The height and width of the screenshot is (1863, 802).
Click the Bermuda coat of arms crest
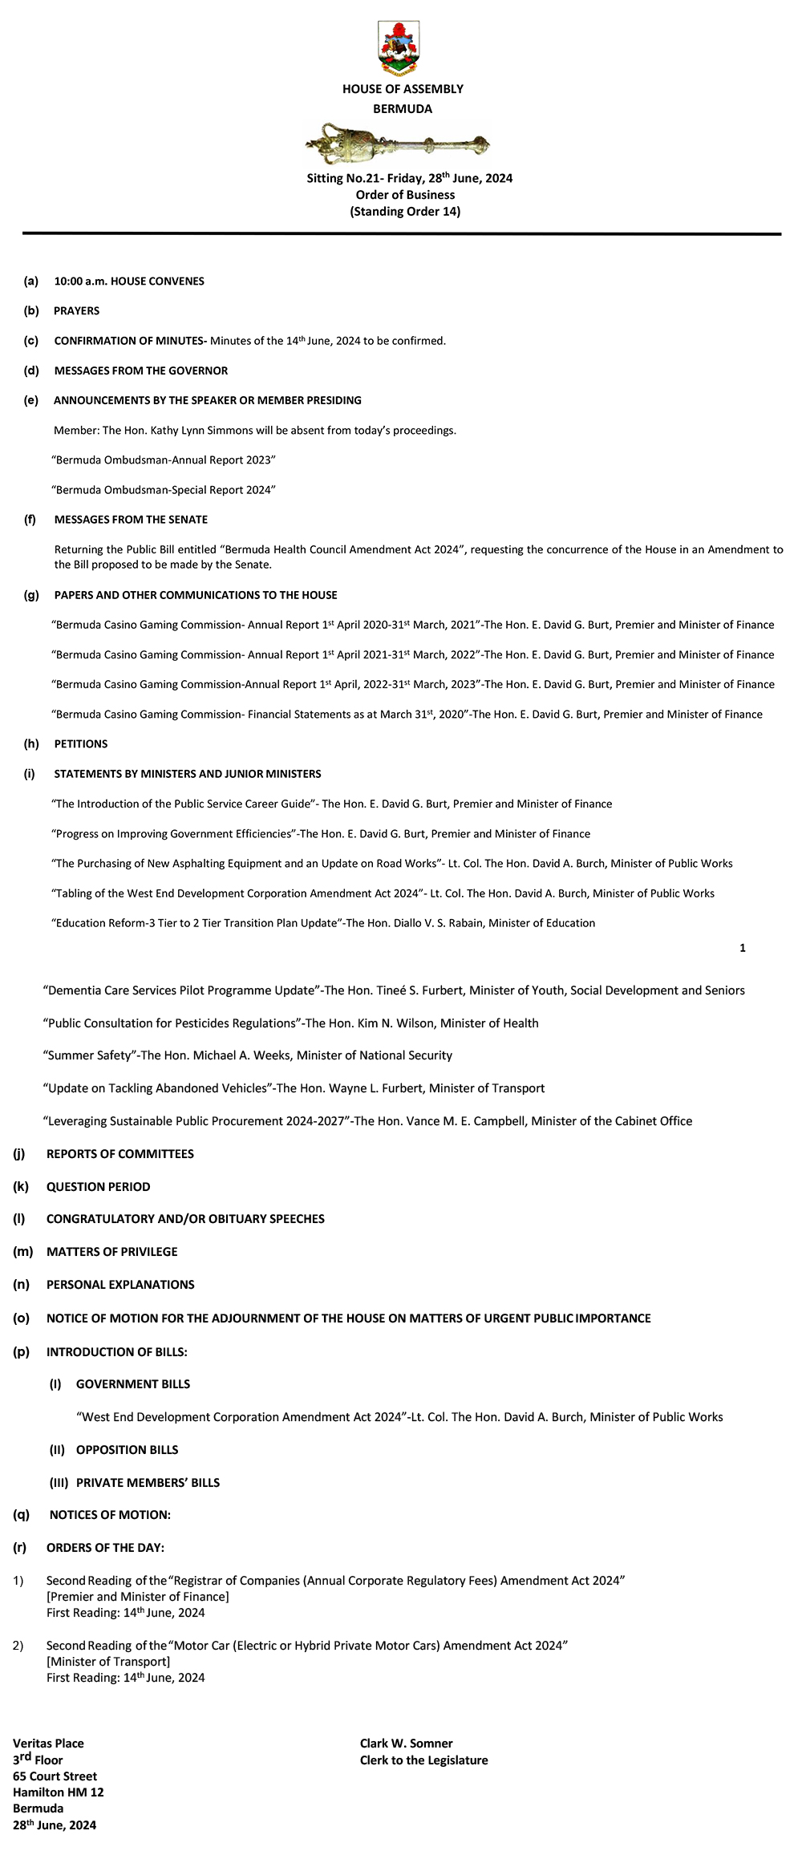coord(399,47)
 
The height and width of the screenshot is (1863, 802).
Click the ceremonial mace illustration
coord(398,144)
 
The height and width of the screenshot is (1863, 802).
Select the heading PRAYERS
coord(76,311)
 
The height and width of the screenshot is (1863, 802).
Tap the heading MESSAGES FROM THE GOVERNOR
coord(141,371)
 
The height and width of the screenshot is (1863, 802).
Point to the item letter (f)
coord(30,520)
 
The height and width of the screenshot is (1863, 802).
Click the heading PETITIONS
coord(81,744)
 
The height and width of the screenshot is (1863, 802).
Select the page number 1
coord(743,948)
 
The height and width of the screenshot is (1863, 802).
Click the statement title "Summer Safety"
coord(87,1055)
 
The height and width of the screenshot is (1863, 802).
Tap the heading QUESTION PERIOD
coord(99,1187)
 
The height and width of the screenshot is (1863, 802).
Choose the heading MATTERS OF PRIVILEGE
coord(112,1252)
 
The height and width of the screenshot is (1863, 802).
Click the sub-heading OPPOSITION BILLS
coord(128,1450)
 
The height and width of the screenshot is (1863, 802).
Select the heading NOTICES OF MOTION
coord(110,1515)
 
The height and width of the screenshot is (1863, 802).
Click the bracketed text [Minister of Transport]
coord(108,1662)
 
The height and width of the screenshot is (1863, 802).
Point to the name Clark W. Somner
coord(407,1744)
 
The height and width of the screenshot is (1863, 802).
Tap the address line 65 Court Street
coord(55,1776)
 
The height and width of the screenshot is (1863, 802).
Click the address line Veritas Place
coord(48,1744)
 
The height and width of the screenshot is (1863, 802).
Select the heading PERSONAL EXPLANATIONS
coord(120,1285)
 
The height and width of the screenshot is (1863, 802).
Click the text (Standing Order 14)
coord(405,212)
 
